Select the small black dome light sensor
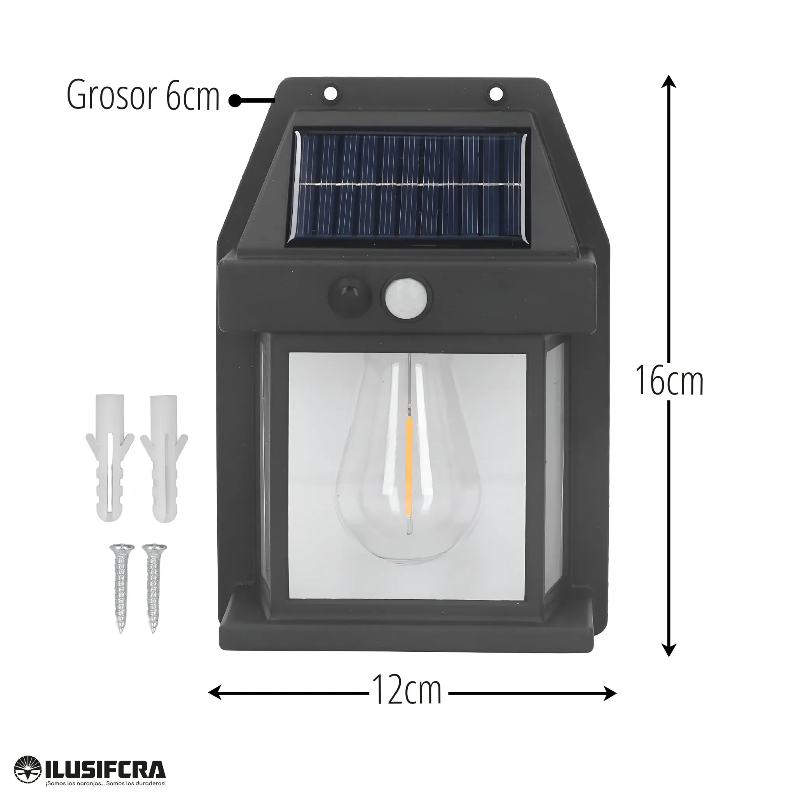tap(349, 295)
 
